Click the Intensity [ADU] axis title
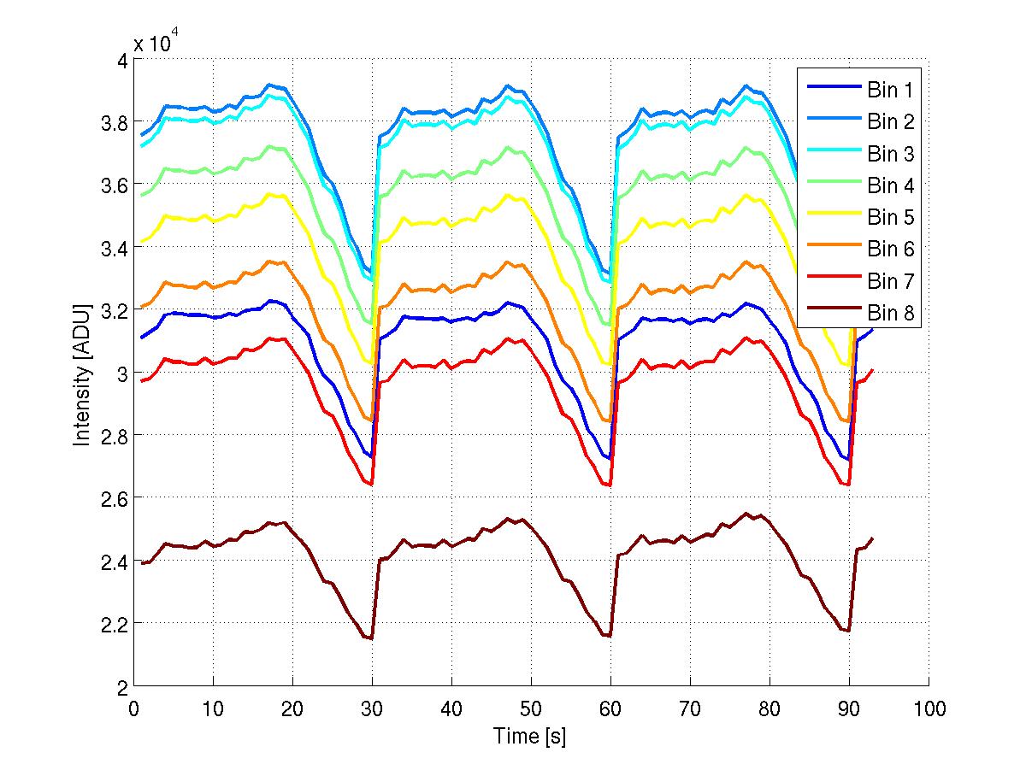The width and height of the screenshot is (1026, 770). [x=82, y=373]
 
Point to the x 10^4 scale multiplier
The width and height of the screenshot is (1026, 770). [x=156, y=43]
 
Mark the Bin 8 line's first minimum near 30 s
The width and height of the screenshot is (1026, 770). [x=372, y=638]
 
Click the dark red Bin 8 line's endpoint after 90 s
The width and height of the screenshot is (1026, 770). [x=872, y=538]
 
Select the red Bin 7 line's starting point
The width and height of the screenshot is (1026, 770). [x=142, y=380]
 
